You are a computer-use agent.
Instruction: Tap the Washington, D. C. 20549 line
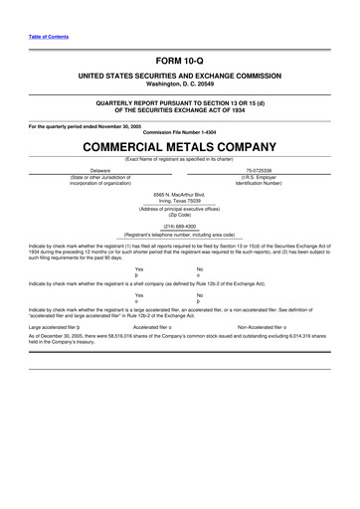click(x=179, y=84)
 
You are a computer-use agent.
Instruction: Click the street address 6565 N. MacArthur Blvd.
click(x=179, y=193)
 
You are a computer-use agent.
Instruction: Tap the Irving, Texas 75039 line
click(x=179, y=199)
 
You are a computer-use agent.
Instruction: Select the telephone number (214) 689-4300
click(x=179, y=225)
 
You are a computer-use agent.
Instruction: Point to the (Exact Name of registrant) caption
click(x=179, y=159)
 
